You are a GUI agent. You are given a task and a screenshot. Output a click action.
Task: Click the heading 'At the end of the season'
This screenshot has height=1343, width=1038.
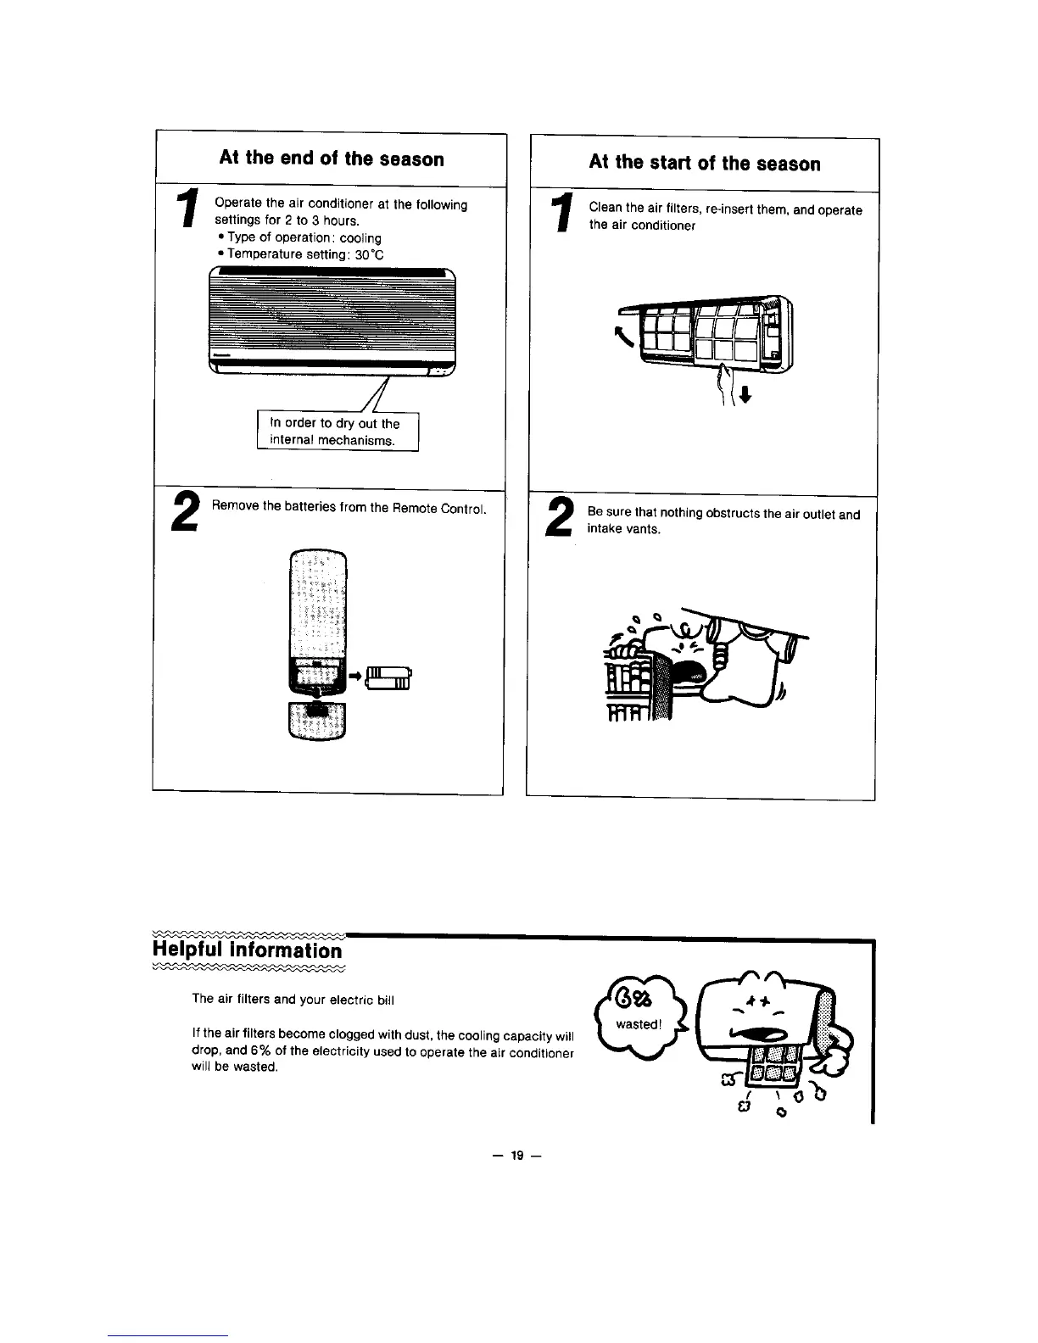(x=332, y=159)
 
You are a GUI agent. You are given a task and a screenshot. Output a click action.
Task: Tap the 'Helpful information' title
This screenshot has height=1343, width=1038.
(x=247, y=949)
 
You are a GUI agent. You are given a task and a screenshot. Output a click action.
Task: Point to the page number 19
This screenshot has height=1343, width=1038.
(x=518, y=1154)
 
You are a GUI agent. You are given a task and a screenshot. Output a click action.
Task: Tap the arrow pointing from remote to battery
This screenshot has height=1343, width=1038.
(x=355, y=675)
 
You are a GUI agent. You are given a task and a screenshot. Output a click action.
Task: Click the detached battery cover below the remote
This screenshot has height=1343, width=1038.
(x=317, y=720)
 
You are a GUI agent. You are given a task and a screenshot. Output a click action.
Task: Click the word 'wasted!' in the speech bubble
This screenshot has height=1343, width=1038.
(x=637, y=1024)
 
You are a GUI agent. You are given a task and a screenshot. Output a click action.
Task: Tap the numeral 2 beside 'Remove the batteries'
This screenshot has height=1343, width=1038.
(x=186, y=512)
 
